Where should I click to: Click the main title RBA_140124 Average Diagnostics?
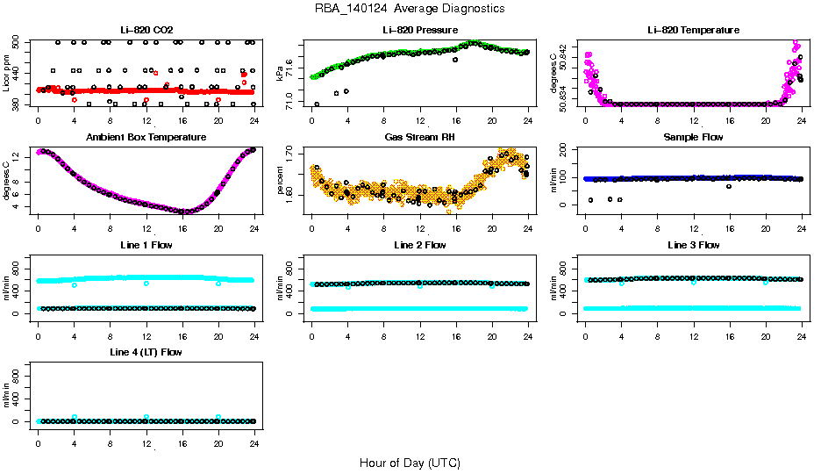tap(410, 9)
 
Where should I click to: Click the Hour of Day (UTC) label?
tap(410, 463)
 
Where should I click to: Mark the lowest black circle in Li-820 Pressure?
tap(317, 104)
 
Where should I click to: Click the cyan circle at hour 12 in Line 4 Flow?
tap(146, 417)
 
